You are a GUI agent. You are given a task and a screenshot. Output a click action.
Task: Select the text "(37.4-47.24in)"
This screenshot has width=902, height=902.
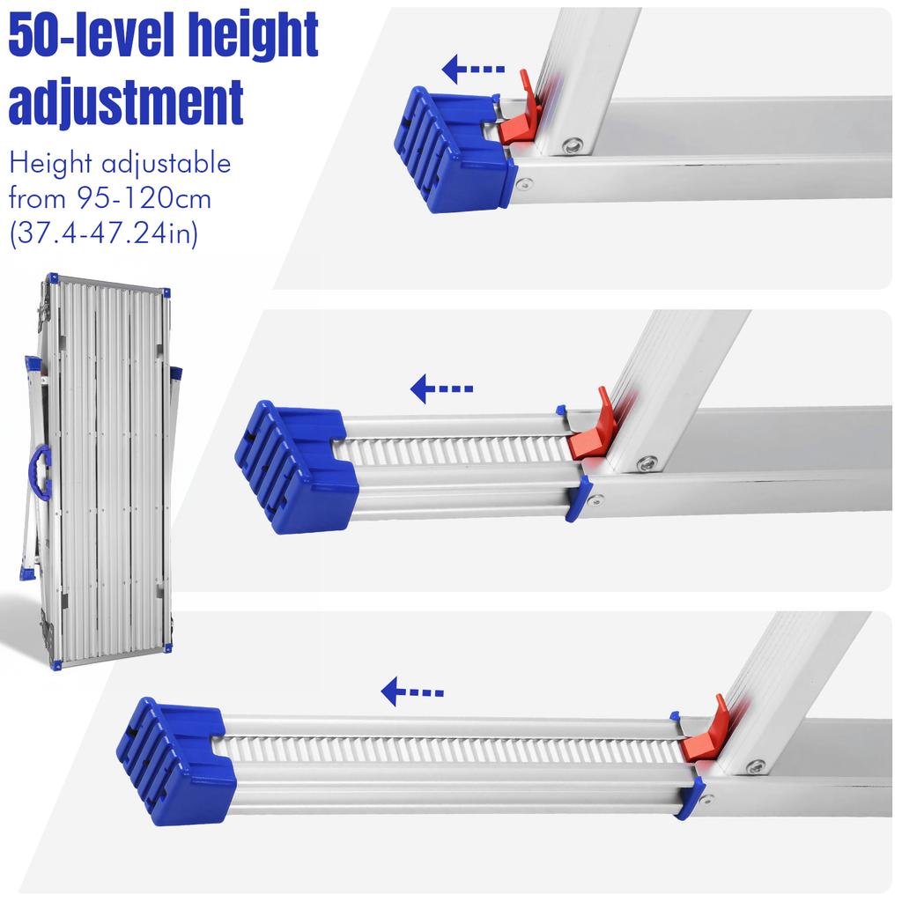coord(104,233)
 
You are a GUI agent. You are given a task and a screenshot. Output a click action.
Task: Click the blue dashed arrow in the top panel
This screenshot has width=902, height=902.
coord(473,68)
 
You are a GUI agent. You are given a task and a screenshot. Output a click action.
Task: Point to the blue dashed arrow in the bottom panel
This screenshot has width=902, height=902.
coord(412,692)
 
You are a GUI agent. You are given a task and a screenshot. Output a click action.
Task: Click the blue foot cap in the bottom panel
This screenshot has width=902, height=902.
coord(176,762)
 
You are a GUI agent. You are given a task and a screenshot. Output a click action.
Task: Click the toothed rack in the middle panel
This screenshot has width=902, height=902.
coord(458,450)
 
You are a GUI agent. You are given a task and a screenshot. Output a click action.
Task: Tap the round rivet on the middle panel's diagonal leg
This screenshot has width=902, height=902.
coord(647,462)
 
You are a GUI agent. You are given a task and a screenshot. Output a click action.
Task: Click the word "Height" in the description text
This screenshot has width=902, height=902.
coord(49,165)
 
